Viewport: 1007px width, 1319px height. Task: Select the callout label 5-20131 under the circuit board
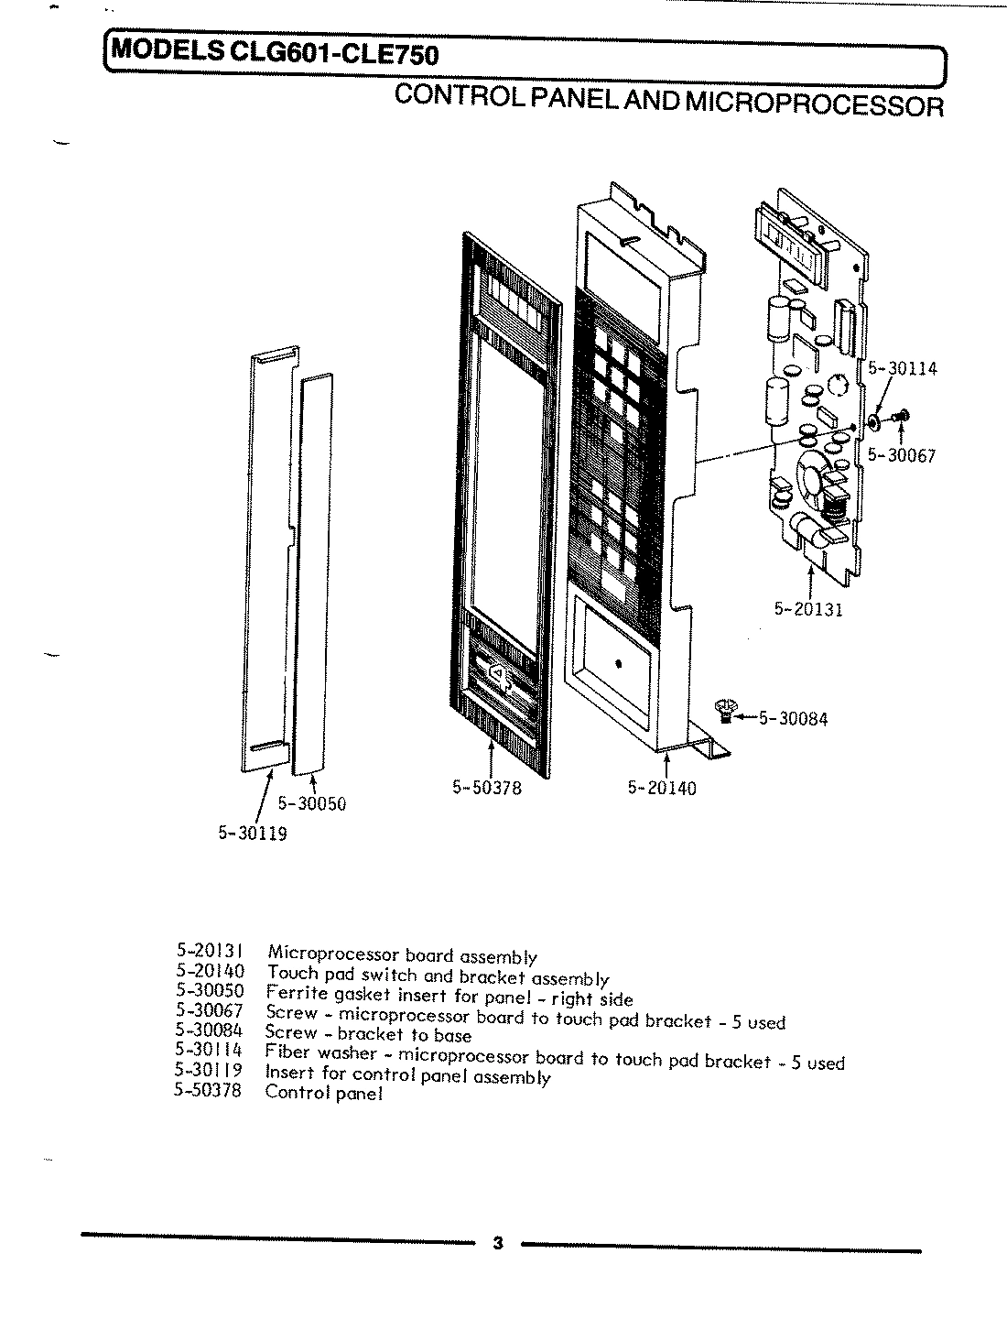point(808,610)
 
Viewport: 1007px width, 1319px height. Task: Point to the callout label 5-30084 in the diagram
point(793,719)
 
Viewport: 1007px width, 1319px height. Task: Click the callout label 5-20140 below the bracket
point(661,787)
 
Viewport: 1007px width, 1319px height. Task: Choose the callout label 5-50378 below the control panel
point(487,787)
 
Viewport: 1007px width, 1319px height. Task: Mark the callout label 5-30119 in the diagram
point(253,834)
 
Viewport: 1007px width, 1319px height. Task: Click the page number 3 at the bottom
point(497,1243)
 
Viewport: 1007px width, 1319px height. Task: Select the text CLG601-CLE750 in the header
point(336,55)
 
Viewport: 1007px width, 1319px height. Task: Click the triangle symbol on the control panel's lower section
point(495,673)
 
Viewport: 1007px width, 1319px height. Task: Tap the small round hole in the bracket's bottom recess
point(618,661)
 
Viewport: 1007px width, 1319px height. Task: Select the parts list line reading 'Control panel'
point(323,1093)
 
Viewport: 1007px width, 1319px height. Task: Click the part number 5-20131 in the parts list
point(209,953)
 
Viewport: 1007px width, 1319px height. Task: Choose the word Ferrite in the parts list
point(291,993)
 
